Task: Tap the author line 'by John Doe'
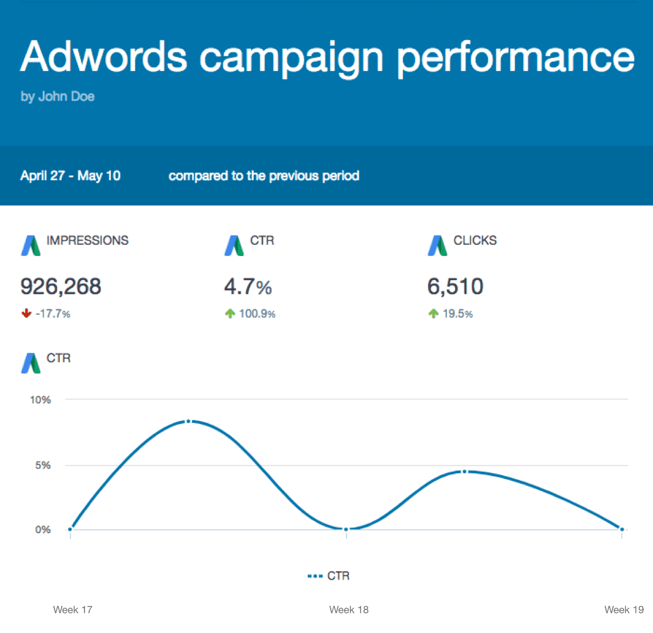pos(58,96)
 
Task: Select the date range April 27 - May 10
pos(70,176)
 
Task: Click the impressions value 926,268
pos(61,287)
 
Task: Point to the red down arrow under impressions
pos(26,314)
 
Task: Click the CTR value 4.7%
pos(248,287)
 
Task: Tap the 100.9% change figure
pos(257,314)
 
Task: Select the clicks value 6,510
pos(455,287)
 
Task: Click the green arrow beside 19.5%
pos(433,314)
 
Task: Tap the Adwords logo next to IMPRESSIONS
pos(31,245)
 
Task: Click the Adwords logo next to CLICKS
pos(437,245)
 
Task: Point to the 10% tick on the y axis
pos(41,400)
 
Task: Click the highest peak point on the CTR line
pos(188,421)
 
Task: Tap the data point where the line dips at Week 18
pos(346,530)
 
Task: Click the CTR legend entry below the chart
pos(329,576)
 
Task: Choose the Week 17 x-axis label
pos(73,610)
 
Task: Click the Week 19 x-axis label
pos(624,610)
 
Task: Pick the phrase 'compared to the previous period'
pos(264,176)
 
